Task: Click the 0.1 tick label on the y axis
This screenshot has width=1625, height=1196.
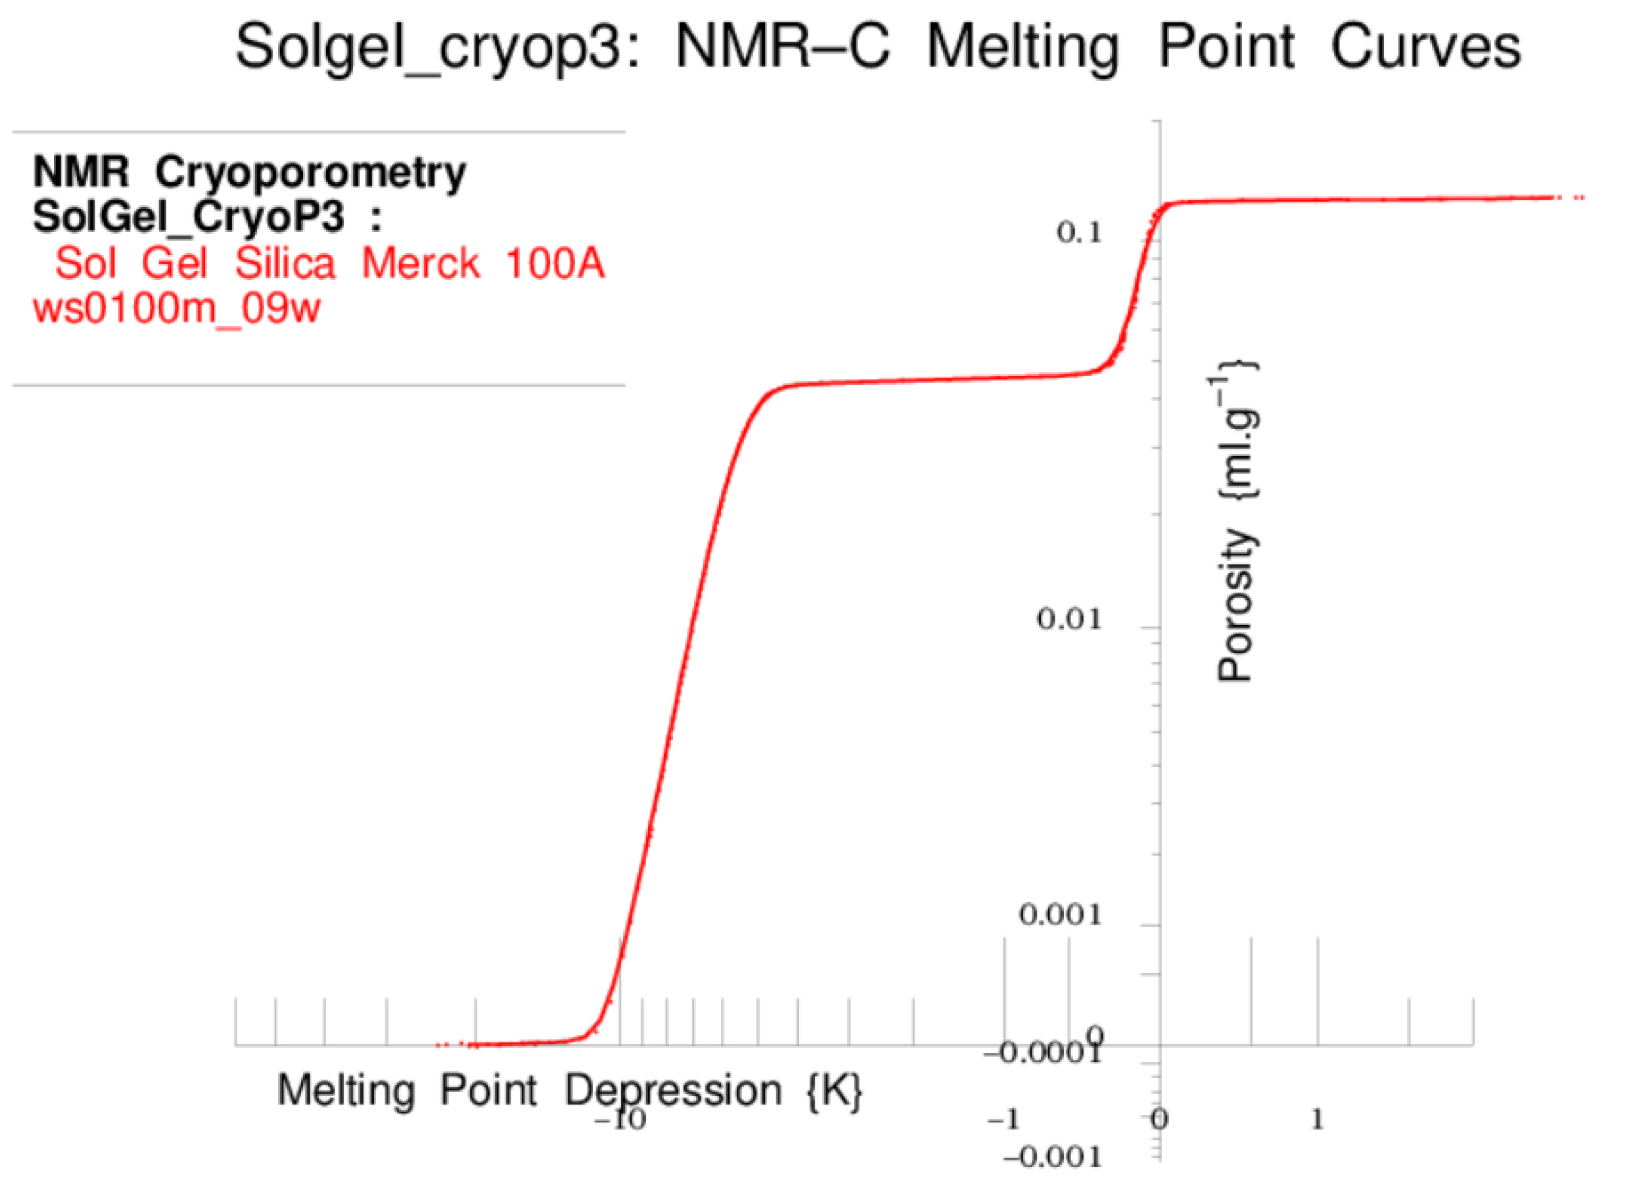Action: (1079, 233)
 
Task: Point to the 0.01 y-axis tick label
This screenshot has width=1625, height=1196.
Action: (1069, 620)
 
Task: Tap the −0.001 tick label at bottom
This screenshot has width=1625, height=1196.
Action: (1053, 1158)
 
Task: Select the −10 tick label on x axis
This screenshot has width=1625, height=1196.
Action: (620, 1120)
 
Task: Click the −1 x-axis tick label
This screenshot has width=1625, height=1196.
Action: (1004, 1120)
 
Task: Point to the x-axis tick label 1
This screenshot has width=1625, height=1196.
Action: (1317, 1120)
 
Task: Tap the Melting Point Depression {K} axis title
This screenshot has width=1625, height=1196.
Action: (569, 1090)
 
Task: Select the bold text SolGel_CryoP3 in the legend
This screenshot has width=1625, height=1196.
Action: (188, 216)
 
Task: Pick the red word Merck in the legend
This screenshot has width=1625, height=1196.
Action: (420, 262)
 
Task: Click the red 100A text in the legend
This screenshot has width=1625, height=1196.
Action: (554, 262)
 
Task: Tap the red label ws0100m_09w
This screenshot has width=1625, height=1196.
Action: (176, 309)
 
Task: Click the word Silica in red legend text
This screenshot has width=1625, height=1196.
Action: (285, 262)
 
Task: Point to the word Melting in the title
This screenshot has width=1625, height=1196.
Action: (1023, 48)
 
